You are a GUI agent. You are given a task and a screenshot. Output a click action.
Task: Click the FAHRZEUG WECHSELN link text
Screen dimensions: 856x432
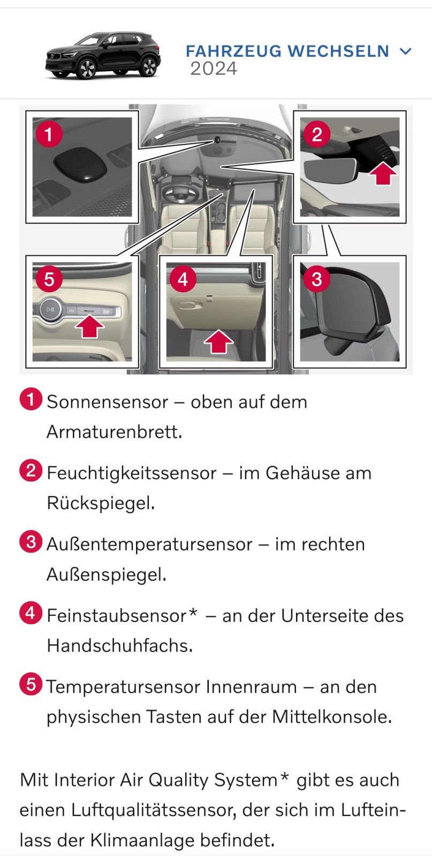click(x=287, y=51)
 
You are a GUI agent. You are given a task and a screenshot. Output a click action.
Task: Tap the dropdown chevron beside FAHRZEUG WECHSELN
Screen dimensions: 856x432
click(x=406, y=51)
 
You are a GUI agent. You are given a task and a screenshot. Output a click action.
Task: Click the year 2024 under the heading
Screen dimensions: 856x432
click(x=214, y=69)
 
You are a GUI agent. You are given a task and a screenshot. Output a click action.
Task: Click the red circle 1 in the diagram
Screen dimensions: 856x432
click(x=49, y=134)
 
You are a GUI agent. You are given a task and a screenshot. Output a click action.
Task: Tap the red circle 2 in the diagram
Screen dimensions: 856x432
click(x=317, y=134)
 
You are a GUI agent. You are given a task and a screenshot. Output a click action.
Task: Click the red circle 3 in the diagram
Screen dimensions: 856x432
click(x=317, y=279)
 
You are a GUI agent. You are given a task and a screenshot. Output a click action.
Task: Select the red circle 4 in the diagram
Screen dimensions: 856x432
click(x=183, y=279)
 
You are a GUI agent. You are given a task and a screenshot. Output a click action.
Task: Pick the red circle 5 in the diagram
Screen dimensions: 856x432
click(x=49, y=279)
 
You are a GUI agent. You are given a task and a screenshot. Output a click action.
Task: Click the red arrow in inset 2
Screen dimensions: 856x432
click(x=383, y=172)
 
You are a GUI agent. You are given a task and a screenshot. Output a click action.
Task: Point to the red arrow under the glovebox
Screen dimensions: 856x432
click(x=218, y=341)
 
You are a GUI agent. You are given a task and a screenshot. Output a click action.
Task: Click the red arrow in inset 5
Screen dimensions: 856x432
click(x=89, y=326)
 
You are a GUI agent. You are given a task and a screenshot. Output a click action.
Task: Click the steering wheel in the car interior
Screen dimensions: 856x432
click(x=181, y=192)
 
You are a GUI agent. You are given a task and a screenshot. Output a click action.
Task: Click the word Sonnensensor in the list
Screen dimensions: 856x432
click(x=107, y=402)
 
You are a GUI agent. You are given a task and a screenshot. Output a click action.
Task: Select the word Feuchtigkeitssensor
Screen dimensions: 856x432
click(x=131, y=473)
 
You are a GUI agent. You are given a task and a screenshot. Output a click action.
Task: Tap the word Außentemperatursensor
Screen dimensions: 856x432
click(x=149, y=544)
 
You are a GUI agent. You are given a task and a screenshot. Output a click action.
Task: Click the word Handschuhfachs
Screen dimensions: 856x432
click(x=119, y=646)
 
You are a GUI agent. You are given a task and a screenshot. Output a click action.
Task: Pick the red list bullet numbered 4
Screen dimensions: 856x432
click(x=31, y=613)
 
